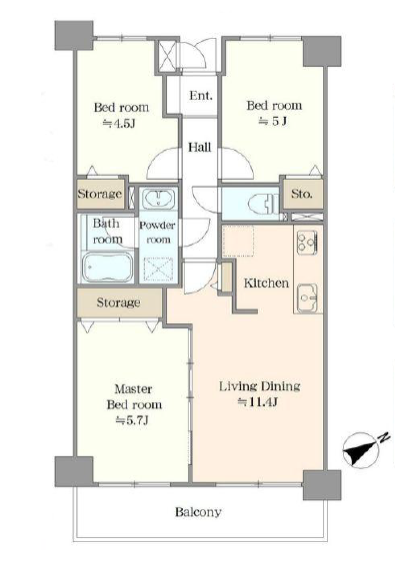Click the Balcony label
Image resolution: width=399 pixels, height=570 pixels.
(x=198, y=512)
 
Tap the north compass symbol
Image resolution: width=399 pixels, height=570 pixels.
(x=362, y=449)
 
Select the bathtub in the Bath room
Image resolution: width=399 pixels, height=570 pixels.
(x=107, y=268)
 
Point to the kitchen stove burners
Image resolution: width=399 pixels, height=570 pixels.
(x=308, y=243)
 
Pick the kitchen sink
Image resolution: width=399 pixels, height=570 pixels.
(x=308, y=297)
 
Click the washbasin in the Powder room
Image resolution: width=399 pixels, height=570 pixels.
(x=158, y=199)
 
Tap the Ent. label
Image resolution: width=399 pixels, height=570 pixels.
(x=201, y=96)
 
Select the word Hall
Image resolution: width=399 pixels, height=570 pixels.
(x=200, y=147)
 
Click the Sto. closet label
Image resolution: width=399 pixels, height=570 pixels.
(x=302, y=194)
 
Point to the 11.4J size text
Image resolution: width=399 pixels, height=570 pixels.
(x=258, y=402)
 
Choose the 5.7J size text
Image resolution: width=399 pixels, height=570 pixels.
(x=132, y=420)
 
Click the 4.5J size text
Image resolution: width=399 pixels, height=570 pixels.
(x=119, y=124)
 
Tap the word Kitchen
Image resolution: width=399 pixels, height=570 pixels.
(x=266, y=284)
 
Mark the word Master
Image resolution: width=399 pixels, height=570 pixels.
(x=133, y=389)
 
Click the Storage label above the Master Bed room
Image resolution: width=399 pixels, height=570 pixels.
(x=118, y=302)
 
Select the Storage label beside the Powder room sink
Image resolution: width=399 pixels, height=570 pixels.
(x=99, y=194)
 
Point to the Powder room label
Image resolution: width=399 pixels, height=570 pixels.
(x=157, y=233)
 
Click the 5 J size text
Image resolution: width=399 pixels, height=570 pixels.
(x=273, y=121)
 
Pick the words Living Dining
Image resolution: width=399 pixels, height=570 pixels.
(x=260, y=386)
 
